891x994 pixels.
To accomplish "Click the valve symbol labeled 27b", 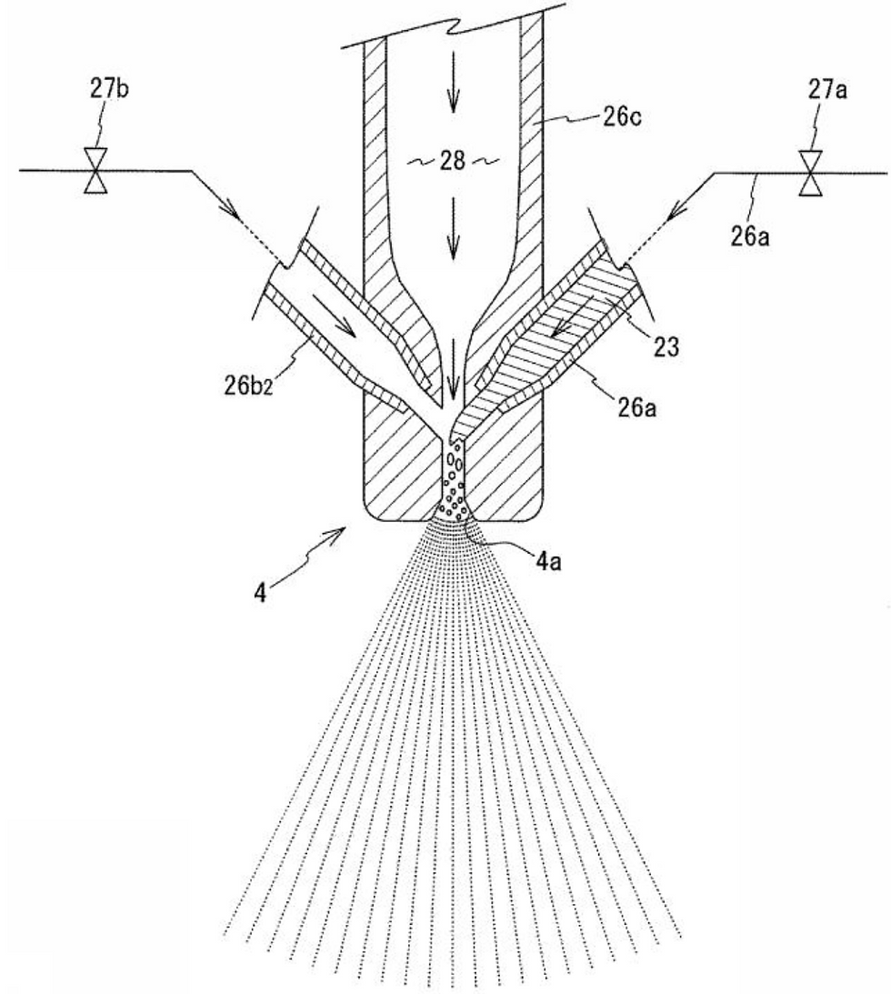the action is pyautogui.click(x=95, y=171).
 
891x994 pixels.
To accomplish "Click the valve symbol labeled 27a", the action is pyautogui.click(x=810, y=173).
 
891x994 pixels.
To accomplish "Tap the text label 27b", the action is pyautogui.click(x=109, y=89).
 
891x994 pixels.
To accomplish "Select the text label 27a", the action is pyautogui.click(x=827, y=91).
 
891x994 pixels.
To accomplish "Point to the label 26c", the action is pyautogui.click(x=622, y=118).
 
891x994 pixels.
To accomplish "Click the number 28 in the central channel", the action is pyautogui.click(x=453, y=161).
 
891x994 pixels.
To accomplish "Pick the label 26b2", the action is pyautogui.click(x=248, y=386).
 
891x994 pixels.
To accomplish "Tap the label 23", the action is pyautogui.click(x=666, y=346).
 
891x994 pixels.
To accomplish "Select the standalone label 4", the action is pyautogui.click(x=260, y=593).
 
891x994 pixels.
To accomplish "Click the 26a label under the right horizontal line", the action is pyautogui.click(x=750, y=236).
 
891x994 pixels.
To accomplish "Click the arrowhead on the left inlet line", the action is pyautogui.click(x=232, y=212).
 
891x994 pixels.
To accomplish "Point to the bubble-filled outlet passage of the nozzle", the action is pyautogui.click(x=455, y=482).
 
